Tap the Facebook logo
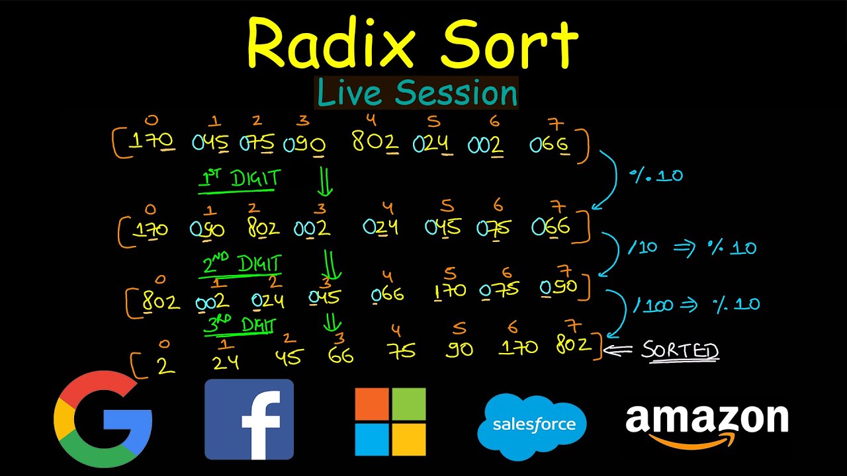pos(249,419)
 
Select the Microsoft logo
pos(390,422)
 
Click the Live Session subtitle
pos(417,93)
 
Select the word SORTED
pos(680,350)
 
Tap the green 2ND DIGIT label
pos(242,264)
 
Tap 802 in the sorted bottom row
pos(574,344)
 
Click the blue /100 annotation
pos(653,305)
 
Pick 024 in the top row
pos(432,143)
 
